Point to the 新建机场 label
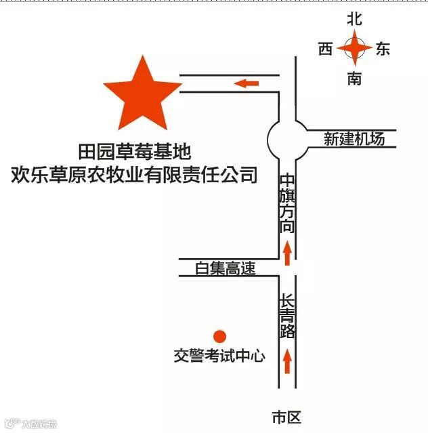[x=354, y=139]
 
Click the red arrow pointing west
[x=247, y=83]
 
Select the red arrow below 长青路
[x=288, y=360]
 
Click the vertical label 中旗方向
[x=288, y=204]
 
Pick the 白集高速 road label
[x=225, y=268]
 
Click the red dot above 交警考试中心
[x=219, y=336]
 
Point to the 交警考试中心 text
[x=219, y=356]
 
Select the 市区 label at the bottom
[x=285, y=417]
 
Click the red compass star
[x=355, y=49]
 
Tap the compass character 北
[x=355, y=20]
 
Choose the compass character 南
[x=355, y=79]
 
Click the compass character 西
[x=326, y=49]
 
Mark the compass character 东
[x=383, y=49]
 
